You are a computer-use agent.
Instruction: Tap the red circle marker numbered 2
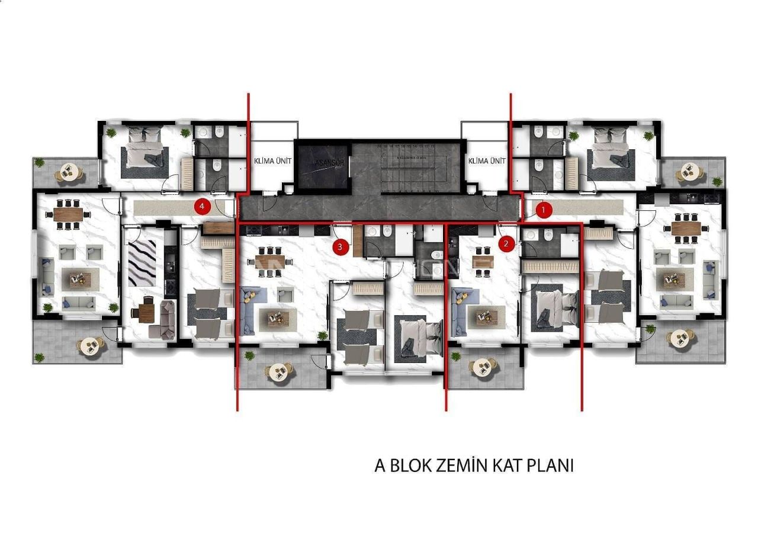click(506, 243)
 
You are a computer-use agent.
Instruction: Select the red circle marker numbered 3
click(340, 248)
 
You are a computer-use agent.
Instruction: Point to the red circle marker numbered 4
click(203, 207)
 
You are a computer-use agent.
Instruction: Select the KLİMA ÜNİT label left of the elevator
click(273, 161)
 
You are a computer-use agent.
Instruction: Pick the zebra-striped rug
click(142, 263)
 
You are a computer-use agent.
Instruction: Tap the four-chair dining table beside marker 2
click(484, 262)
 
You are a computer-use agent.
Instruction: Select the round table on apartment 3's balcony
click(278, 371)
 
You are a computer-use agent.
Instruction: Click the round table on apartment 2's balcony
click(483, 367)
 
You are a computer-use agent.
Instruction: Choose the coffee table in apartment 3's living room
click(276, 318)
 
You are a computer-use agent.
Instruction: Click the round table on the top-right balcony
click(689, 172)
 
